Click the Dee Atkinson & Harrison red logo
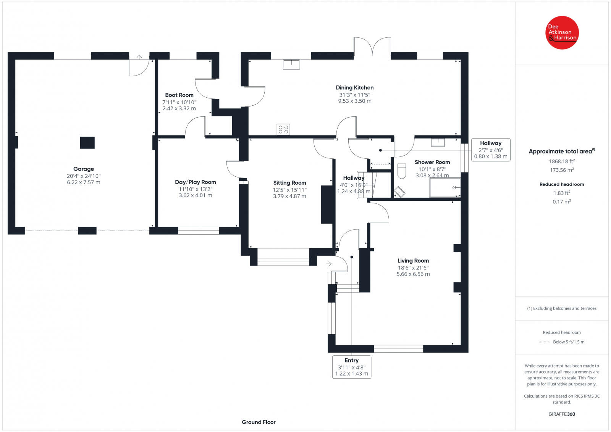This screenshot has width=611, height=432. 562,33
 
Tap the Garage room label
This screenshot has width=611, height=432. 84,169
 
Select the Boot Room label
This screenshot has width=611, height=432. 179,95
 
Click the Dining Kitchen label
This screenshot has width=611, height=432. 355,87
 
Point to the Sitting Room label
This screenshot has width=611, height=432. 289,183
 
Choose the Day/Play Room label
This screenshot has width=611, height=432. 195,182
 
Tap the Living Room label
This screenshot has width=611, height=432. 413,261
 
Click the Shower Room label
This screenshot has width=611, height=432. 432,162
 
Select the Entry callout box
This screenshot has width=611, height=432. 352,367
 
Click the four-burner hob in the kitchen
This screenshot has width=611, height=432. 283,129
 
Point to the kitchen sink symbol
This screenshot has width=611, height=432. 292,64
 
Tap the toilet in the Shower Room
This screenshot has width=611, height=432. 401,171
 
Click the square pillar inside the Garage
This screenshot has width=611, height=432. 87,143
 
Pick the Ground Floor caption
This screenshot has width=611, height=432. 259,422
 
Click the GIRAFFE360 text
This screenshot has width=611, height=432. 562,414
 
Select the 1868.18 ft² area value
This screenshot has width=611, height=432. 562,161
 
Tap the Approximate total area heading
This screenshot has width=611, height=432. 562,151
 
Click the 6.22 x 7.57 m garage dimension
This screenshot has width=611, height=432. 84,182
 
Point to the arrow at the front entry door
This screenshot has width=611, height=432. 329,264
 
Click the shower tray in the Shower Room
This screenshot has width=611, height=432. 445,187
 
